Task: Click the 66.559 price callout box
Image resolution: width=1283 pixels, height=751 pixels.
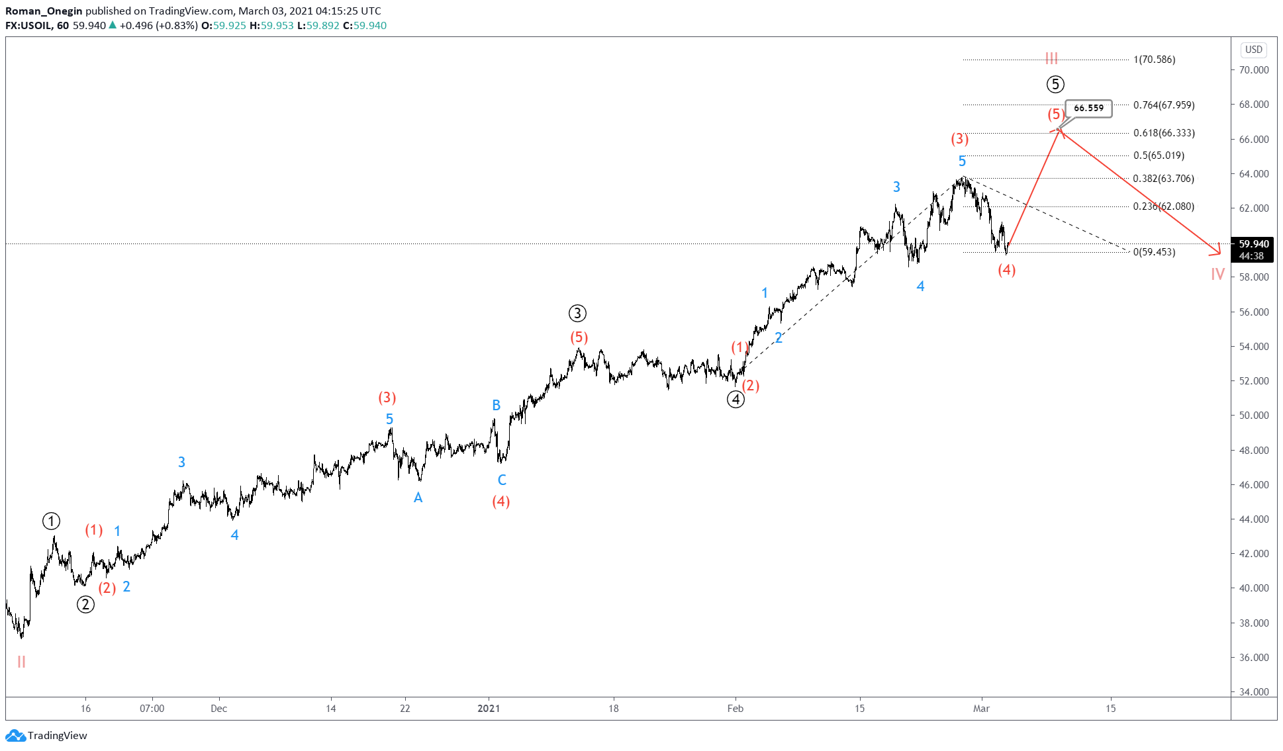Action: click(1088, 108)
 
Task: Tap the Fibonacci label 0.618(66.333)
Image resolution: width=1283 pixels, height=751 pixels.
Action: click(1164, 133)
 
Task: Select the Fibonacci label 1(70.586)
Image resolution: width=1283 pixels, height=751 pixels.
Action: click(1154, 60)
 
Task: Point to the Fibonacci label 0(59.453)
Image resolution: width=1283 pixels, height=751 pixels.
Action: click(1154, 252)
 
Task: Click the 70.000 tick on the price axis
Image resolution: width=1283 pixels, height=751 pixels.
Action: click(1254, 70)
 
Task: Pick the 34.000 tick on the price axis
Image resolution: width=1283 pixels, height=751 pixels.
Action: click(1254, 692)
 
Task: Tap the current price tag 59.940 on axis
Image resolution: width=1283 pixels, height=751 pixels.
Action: click(1254, 244)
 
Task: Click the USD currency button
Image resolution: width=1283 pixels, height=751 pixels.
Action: click(1254, 50)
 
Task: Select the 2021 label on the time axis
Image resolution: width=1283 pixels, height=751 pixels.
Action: click(489, 709)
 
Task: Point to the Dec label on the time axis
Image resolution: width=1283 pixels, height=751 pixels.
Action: click(218, 709)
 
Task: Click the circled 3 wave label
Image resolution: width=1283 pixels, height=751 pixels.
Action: click(577, 313)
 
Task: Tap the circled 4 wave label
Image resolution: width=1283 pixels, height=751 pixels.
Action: click(736, 399)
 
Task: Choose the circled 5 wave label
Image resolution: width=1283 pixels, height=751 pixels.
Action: click(1055, 84)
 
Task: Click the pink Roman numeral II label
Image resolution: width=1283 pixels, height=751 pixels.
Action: click(21, 662)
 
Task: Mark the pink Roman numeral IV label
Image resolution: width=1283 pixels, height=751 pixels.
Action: click(1217, 274)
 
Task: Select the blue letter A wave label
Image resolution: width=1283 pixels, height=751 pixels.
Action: click(418, 498)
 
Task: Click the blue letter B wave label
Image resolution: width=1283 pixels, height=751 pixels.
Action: click(496, 405)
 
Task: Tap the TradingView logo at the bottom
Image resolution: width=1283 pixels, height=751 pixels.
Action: click(46, 735)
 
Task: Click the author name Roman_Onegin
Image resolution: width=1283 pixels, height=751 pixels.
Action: click(44, 11)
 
